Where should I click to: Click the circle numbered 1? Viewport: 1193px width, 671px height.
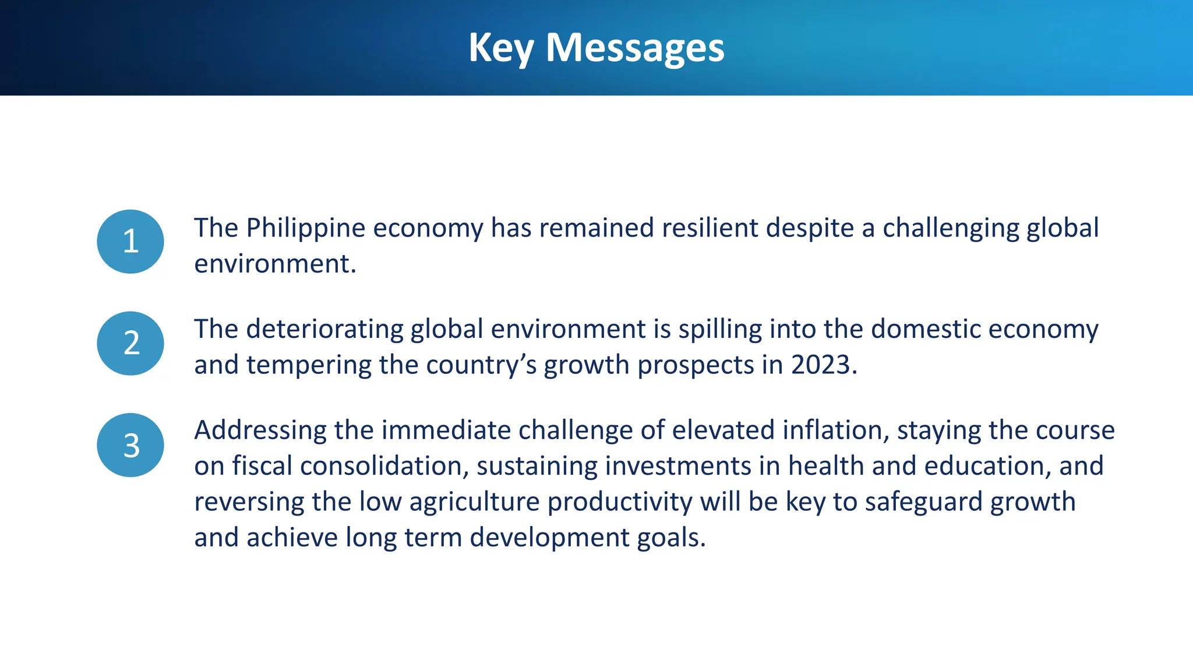tap(130, 241)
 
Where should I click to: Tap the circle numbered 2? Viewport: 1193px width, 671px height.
tap(130, 343)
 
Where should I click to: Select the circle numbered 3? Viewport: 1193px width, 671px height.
tap(130, 445)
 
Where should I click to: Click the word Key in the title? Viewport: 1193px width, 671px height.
tap(500, 48)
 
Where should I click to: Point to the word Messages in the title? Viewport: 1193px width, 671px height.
tap(635, 48)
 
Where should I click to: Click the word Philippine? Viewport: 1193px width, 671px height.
tap(305, 228)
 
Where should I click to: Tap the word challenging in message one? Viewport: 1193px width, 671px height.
tap(950, 228)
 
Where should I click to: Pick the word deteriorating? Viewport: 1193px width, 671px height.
tap(324, 330)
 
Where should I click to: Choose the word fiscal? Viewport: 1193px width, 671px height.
tap(262, 467)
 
